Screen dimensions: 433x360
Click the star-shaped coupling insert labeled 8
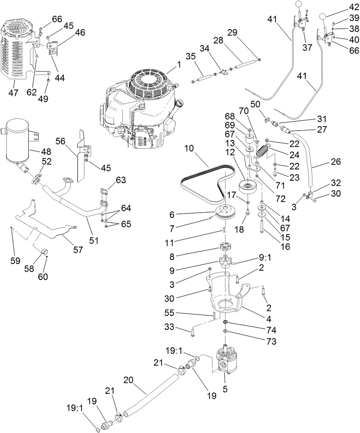[224, 247]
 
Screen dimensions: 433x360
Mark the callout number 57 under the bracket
[78, 250]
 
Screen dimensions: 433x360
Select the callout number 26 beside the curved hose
[335, 162]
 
